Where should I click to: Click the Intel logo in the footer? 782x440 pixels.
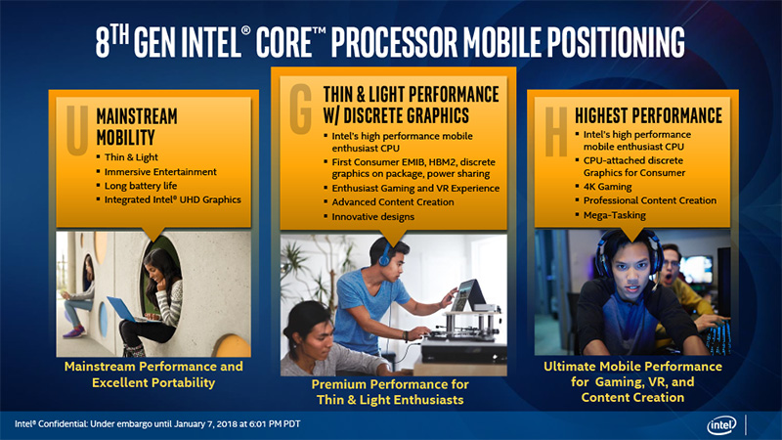click(721, 425)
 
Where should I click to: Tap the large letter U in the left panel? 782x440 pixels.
click(77, 130)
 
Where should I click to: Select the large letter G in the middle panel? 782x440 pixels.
click(301, 110)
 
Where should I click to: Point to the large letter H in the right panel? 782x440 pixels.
click(556, 132)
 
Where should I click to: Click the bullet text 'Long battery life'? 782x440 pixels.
click(141, 186)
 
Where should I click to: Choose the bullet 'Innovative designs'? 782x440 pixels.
click(373, 216)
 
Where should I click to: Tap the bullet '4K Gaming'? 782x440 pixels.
click(607, 187)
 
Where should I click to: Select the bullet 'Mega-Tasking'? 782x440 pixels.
click(615, 215)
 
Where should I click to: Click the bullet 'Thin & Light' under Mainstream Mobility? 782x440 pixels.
click(131, 157)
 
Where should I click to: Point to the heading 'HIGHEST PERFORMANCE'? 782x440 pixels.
click(648, 115)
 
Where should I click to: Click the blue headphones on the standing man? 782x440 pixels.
click(383, 254)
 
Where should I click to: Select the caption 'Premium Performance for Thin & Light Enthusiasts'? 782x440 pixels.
click(390, 392)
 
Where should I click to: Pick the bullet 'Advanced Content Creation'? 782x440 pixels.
click(393, 202)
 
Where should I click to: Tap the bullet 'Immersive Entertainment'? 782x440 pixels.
click(160, 172)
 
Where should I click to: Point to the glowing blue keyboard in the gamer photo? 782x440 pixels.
click(718, 337)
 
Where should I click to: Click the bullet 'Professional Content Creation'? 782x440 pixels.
click(650, 200)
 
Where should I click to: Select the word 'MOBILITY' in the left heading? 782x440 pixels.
click(126, 138)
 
